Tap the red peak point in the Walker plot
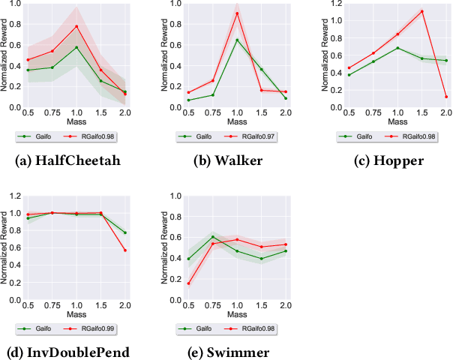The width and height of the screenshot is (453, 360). pos(237,13)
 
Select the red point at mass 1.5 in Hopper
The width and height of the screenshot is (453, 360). pos(422,11)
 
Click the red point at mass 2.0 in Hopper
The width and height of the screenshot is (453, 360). pos(446,97)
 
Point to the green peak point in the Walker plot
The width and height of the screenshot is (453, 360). pos(237,40)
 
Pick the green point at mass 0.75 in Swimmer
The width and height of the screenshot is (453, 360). pos(212,237)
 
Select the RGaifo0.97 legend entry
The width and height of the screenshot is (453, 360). pos(259,136)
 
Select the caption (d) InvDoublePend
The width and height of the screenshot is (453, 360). pos(76,352)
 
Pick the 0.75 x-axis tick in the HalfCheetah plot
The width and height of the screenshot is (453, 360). pos(51,112)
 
